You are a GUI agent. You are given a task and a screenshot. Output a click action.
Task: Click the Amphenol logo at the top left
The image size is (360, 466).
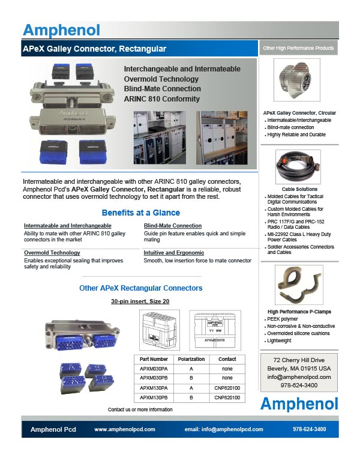pyautogui.click(x=61, y=30)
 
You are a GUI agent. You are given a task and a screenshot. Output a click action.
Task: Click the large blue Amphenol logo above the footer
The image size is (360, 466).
pyautogui.click(x=299, y=403)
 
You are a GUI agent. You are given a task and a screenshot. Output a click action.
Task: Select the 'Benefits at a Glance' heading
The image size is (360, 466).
pyautogui.click(x=141, y=213)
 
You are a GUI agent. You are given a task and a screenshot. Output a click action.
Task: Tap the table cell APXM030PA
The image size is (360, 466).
pyautogui.click(x=154, y=369)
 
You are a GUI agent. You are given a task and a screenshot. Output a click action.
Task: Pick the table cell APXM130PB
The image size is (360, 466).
pyautogui.click(x=154, y=397)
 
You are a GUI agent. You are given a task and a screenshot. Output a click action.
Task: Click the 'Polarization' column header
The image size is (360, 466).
pyautogui.click(x=191, y=359)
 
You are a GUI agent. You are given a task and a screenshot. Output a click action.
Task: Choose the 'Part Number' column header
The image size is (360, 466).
pyautogui.click(x=154, y=359)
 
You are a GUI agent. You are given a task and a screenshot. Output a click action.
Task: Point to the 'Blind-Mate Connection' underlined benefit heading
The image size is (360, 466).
pyautogui.click(x=173, y=226)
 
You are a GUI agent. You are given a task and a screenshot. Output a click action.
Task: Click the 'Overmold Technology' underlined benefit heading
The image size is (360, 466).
pyautogui.click(x=52, y=253)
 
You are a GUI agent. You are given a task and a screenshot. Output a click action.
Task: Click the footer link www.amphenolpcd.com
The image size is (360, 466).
pyautogui.click(x=125, y=429)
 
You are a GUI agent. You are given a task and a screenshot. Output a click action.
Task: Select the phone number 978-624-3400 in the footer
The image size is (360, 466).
pyautogui.click(x=310, y=429)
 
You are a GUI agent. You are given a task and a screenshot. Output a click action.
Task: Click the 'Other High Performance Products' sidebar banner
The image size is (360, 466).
pyautogui.click(x=299, y=47)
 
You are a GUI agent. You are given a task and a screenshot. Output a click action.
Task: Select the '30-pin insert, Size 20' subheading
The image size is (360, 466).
pyautogui.click(x=141, y=301)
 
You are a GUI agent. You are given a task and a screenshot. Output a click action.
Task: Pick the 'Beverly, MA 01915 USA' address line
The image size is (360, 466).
pyautogui.click(x=299, y=368)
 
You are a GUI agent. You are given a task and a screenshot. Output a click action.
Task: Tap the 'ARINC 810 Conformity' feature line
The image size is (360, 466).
pyautogui.click(x=162, y=99)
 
